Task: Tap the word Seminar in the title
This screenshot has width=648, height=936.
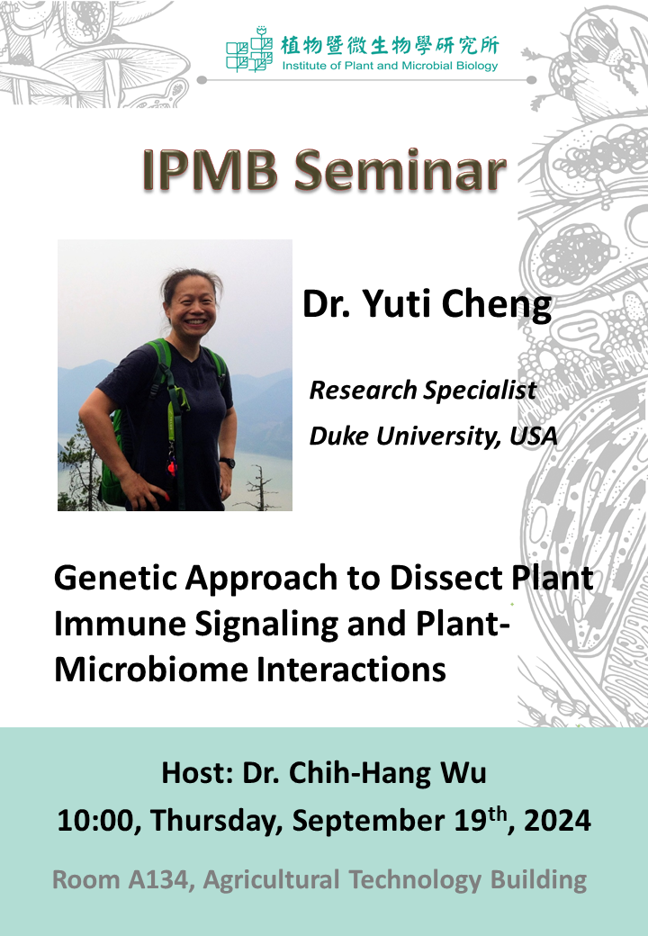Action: coord(400,170)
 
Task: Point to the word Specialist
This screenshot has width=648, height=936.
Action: coord(481,391)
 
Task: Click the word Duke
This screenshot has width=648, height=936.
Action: coord(339,436)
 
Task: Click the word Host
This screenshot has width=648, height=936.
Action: coord(196,772)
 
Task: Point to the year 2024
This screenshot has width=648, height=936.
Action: coord(557,820)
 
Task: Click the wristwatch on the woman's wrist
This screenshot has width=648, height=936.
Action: coord(227,462)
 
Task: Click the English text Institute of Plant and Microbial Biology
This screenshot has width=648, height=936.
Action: coord(391,66)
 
